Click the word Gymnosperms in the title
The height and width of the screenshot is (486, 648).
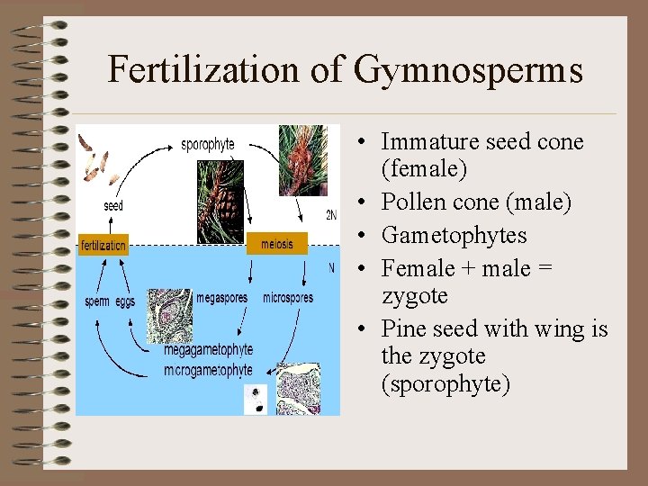tap(469, 70)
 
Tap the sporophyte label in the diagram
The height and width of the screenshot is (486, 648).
tap(208, 143)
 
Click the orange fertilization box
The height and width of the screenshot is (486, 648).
tap(103, 245)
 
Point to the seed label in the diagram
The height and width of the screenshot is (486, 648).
tap(113, 206)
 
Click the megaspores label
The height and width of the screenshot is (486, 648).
tap(221, 298)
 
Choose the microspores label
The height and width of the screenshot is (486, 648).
tap(288, 298)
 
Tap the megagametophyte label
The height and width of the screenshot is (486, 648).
tap(209, 350)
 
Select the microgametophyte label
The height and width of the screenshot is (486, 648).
tap(209, 370)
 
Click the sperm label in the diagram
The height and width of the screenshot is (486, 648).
tap(98, 301)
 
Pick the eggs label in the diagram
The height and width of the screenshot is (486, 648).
tap(125, 302)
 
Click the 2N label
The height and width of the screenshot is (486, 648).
tap(331, 214)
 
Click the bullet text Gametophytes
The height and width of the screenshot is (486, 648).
tap(454, 236)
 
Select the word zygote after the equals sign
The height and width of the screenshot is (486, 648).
tap(415, 296)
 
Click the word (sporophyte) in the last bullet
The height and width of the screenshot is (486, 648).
tap(445, 384)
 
